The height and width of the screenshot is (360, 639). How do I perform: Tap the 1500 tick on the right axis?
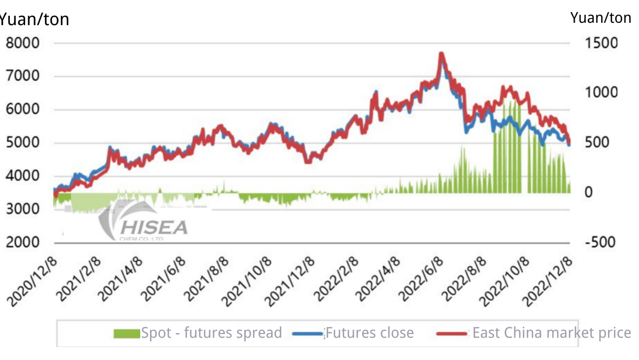point(601,43)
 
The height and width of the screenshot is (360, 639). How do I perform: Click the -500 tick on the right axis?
point(600,242)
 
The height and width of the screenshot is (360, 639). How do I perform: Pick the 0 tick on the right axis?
point(588,192)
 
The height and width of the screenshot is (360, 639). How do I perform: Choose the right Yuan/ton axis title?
point(600,18)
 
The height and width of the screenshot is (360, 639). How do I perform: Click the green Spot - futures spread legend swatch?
point(126,333)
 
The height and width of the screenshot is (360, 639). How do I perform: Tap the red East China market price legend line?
point(452,333)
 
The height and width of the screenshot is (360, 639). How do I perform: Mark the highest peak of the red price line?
point(441,54)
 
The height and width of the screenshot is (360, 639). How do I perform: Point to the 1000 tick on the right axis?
point(601,92)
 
